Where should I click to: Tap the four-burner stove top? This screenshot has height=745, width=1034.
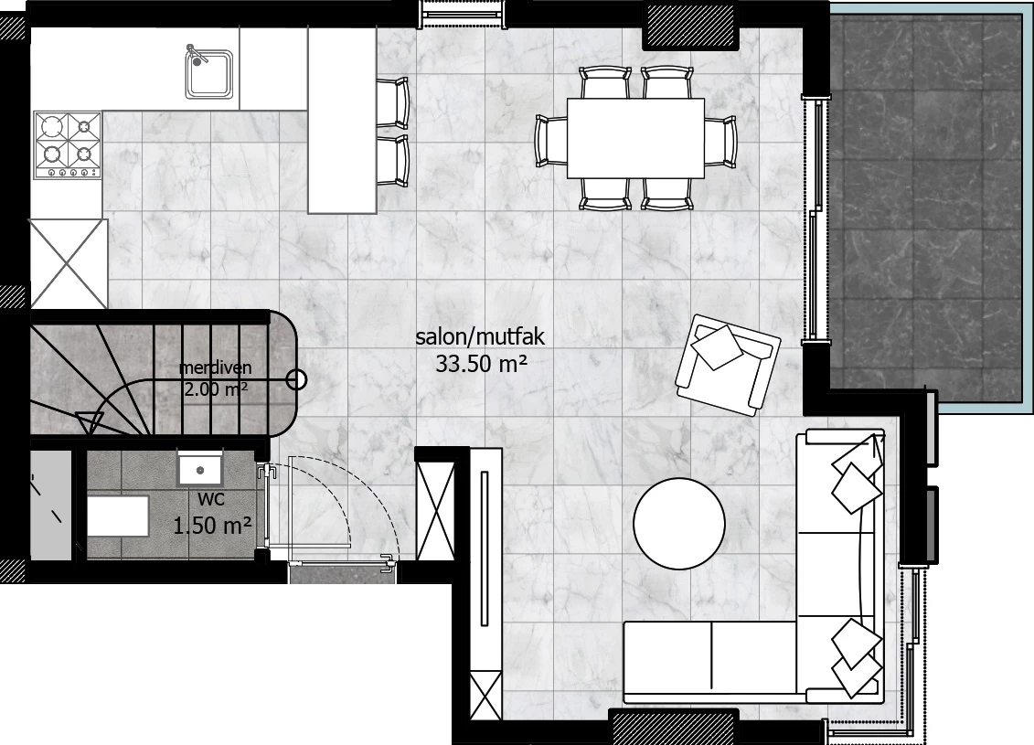point(68,144)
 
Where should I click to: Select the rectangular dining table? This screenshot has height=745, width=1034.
point(635,138)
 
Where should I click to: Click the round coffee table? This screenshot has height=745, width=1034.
point(679,523)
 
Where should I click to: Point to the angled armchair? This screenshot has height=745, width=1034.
point(729,364)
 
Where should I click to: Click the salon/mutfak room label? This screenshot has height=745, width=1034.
point(480,337)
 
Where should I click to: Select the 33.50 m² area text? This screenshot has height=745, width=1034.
point(481,364)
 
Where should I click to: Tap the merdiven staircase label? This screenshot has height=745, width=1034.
point(216,368)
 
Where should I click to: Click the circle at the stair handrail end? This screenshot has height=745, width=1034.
point(297,379)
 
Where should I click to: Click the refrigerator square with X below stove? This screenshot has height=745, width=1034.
point(69,263)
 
